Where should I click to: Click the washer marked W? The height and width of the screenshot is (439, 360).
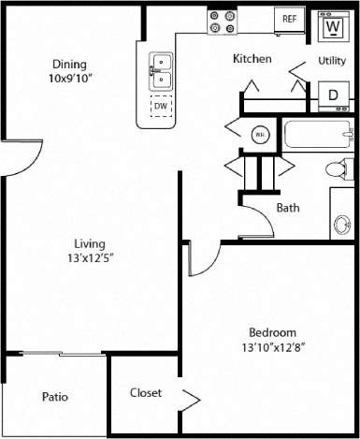[331, 26]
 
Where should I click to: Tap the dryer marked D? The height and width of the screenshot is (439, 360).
[332, 94]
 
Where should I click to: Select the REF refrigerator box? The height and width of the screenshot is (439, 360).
[290, 19]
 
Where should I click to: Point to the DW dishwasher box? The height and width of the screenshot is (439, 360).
[161, 106]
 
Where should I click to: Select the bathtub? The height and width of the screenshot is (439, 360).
[318, 138]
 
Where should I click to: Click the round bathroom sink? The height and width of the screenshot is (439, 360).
[343, 226]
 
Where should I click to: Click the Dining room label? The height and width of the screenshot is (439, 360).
[69, 64]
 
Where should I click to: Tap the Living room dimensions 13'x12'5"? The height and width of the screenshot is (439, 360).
[90, 257]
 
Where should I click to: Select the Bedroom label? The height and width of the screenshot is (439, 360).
[272, 332]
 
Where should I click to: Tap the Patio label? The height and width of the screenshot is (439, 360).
[55, 397]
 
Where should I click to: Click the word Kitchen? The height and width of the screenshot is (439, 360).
[252, 59]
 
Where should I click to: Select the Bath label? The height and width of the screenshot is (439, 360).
[288, 208]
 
